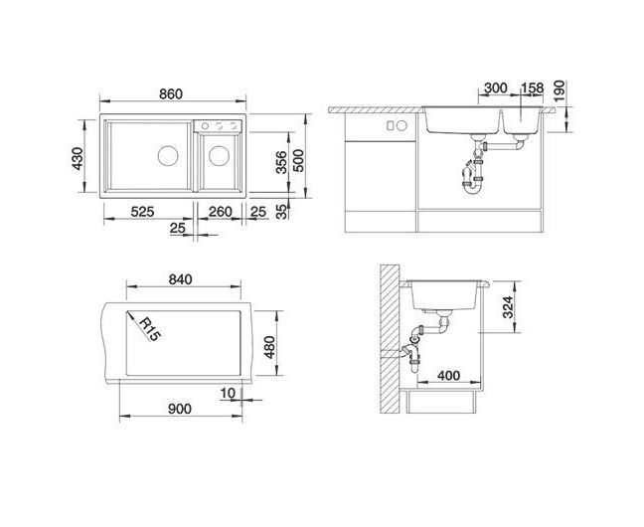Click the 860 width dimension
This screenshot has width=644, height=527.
(171, 94)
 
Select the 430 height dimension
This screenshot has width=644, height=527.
(78, 158)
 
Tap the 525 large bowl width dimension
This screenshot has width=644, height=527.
(142, 212)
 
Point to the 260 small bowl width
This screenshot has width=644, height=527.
(221, 212)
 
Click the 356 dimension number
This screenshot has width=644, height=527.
(281, 162)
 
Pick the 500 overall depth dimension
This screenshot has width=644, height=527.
(298, 161)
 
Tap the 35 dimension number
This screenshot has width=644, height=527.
(281, 212)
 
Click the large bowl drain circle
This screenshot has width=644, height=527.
(168, 156)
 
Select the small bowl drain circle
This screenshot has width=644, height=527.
(219, 156)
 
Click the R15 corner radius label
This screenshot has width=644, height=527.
(149, 329)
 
